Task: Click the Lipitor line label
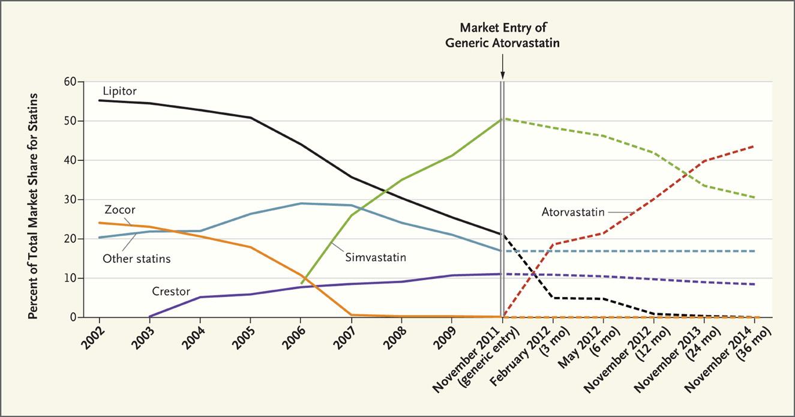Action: pyautogui.click(x=120, y=92)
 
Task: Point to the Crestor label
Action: pyautogui.click(x=171, y=292)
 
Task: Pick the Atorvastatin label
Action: pyautogui.click(x=572, y=211)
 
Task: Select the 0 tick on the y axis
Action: pyautogui.click(x=79, y=317)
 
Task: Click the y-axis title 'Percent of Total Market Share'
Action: pyautogui.click(x=34, y=206)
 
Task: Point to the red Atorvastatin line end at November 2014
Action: pyautogui.click(x=754, y=146)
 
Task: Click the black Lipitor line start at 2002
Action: pyautogui.click(x=99, y=100)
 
